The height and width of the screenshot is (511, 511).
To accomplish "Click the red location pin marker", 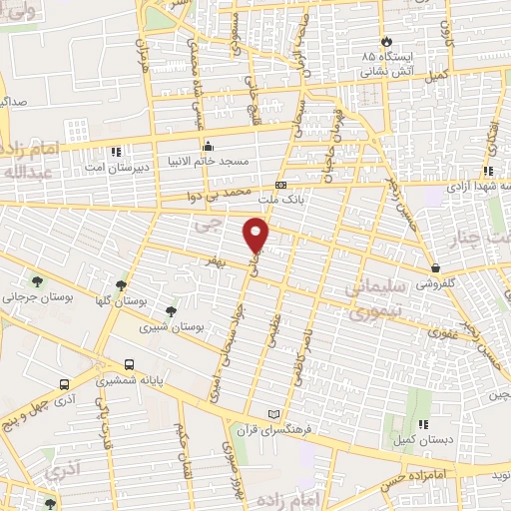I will tap(257, 234).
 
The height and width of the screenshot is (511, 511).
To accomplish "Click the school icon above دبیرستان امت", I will tap(117, 152).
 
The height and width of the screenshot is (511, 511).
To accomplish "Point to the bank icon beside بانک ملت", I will tap(281, 185).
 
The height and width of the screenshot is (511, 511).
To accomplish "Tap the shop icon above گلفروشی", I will tap(438, 267).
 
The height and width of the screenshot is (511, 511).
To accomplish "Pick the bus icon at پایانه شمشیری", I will tap(129, 365).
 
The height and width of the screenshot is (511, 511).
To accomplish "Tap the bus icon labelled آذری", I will tap(64, 383).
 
